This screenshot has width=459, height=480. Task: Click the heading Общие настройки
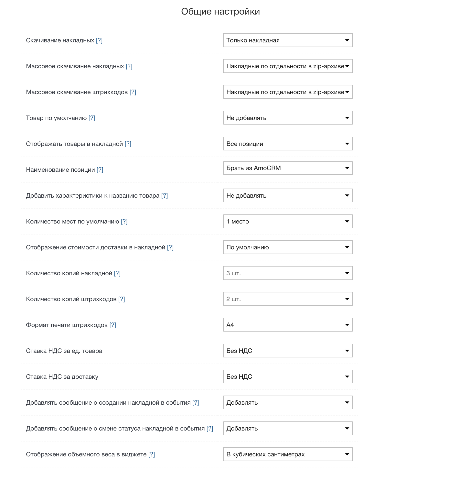click(x=220, y=12)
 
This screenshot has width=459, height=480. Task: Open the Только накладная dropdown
click(x=288, y=40)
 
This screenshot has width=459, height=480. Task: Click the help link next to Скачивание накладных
click(x=99, y=40)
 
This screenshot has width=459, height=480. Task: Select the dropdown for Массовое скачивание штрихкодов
click(x=288, y=92)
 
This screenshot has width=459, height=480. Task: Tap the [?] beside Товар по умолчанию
click(x=92, y=118)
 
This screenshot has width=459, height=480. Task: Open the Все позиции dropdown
click(x=288, y=144)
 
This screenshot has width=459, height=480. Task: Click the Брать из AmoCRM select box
click(x=288, y=168)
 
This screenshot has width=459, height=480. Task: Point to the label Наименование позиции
click(x=60, y=170)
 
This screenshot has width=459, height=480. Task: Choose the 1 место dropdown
click(x=288, y=222)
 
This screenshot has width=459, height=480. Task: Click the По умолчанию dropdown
click(x=288, y=247)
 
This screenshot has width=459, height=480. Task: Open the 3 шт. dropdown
click(x=288, y=273)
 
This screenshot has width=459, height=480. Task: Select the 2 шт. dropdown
click(x=288, y=299)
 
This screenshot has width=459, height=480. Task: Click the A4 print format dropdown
click(x=288, y=325)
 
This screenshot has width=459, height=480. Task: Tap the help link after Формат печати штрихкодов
click(x=113, y=325)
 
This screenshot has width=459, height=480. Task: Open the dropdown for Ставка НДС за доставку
click(x=288, y=377)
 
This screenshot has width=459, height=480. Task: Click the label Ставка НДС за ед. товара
click(x=64, y=351)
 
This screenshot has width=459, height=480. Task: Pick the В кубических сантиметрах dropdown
click(x=288, y=454)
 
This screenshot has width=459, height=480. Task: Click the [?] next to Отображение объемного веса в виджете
click(x=152, y=454)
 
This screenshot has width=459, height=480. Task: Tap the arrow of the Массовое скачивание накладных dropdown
click(x=347, y=66)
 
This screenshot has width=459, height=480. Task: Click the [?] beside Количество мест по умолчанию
click(x=124, y=222)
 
